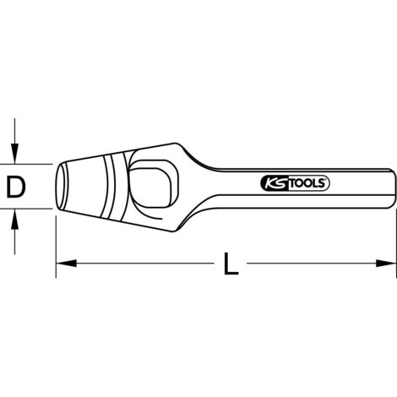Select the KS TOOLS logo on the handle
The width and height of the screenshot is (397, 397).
[293, 182]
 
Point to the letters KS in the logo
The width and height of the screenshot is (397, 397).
[268, 182]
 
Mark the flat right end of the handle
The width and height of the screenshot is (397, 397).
[394, 183]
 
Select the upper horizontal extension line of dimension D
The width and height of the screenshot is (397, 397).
[34, 164]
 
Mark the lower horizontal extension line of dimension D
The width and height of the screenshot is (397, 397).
[34, 208]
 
